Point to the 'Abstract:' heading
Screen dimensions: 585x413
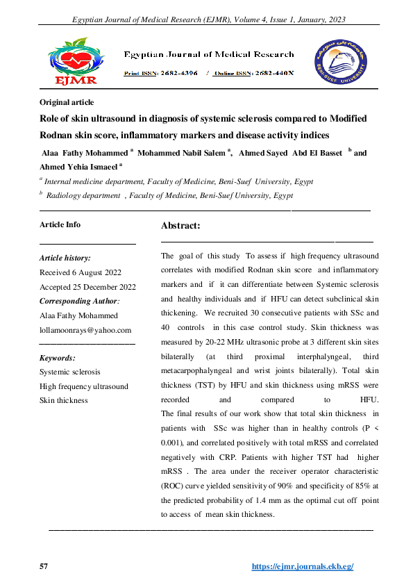coord(180,226)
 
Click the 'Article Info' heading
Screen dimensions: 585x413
coord(60,224)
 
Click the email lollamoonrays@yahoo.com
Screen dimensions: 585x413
coord(85,330)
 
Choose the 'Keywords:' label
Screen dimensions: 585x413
coord(58,358)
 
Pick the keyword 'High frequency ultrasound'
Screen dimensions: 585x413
coord(84,386)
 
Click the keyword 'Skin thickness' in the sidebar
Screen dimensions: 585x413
coord(64,400)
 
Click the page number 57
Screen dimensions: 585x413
coord(44,567)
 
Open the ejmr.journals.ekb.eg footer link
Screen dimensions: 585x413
coord(303,567)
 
